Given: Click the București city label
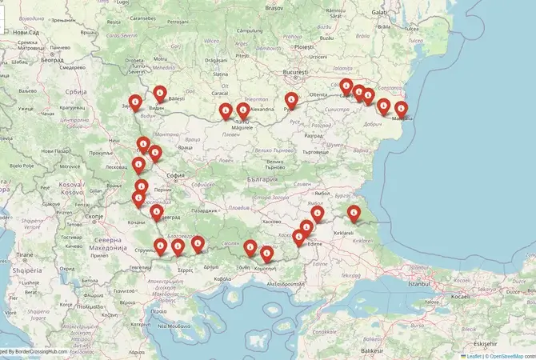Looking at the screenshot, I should pyautogui.click(x=294, y=72).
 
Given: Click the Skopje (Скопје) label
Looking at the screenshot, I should pyautogui.click(x=94, y=216).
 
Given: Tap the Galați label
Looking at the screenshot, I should pyautogui.click(x=382, y=14).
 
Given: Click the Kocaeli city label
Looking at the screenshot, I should pyautogui.click(x=481, y=296).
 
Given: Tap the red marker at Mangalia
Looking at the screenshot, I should pyautogui.click(x=402, y=108).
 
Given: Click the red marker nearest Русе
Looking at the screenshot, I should pyautogui.click(x=291, y=100).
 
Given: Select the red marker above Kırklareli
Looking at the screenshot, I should pyautogui.click(x=354, y=213).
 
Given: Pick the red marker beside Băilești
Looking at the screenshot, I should pyautogui.click(x=160, y=93).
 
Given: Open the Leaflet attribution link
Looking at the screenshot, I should pyautogui.click(x=473, y=355).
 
